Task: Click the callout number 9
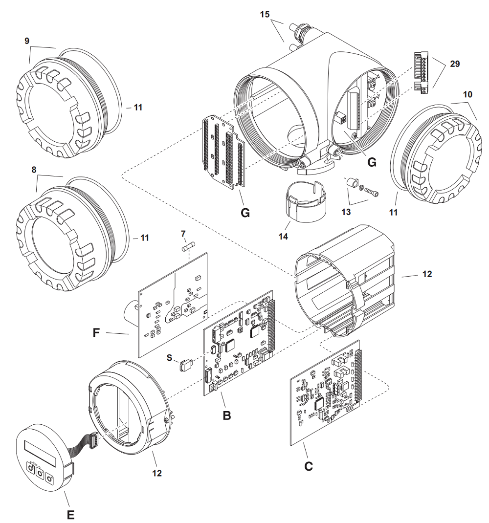coord(27,41)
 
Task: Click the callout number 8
coord(34,170)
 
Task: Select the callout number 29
coord(455,64)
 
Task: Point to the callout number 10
coord(467,94)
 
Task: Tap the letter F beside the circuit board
coord(97,333)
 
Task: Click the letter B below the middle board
coord(226,415)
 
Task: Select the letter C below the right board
coord(308,466)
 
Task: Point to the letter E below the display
coord(70,514)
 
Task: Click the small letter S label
coord(170,358)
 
